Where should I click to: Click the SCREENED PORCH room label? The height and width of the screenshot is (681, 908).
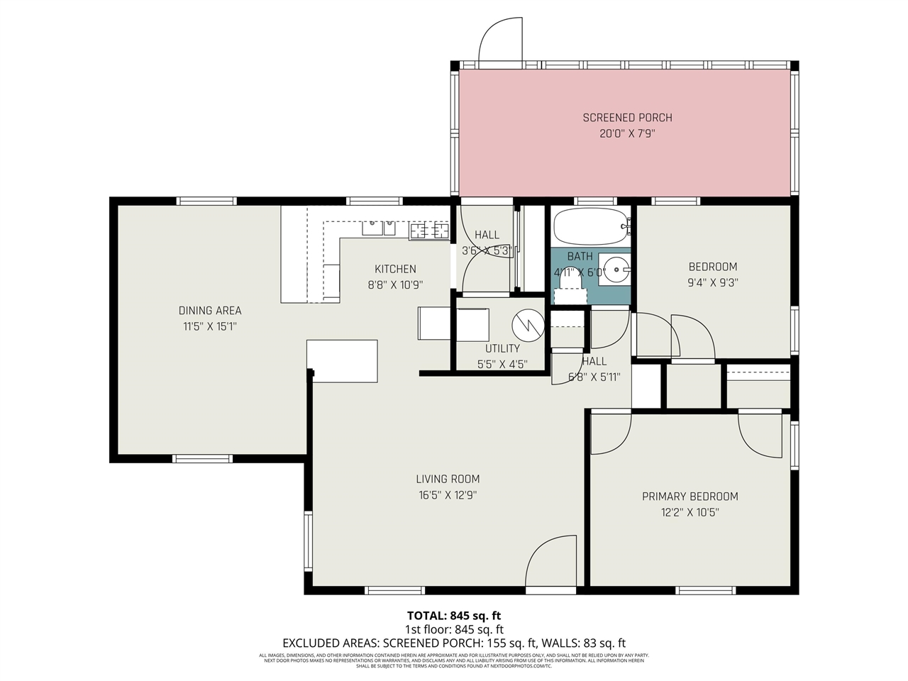(627, 118)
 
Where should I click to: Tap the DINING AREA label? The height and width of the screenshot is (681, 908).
(210, 311)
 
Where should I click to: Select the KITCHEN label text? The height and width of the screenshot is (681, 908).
(395, 269)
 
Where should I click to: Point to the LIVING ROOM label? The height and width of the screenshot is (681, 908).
(448, 479)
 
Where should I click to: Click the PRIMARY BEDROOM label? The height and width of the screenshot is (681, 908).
(690, 497)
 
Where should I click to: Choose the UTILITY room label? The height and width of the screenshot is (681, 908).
(502, 348)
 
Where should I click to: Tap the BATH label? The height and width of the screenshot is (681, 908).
(580, 256)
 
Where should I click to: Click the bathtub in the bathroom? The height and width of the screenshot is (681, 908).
(590, 226)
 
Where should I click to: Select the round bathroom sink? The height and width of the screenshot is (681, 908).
(614, 269)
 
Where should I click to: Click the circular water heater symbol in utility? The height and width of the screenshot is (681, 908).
(527, 325)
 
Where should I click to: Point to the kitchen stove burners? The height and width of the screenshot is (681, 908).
(429, 230)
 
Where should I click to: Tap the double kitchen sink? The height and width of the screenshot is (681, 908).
(379, 228)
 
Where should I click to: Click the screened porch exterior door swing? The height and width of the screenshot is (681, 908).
(501, 39)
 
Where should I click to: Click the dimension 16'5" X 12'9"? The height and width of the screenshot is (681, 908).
(448, 495)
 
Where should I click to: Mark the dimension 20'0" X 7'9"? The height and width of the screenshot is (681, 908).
(627, 133)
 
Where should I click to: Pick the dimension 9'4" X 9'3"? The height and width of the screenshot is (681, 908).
(712, 282)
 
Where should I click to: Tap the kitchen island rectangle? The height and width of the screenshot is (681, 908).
(342, 360)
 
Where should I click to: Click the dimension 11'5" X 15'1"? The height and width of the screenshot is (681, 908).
(210, 327)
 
